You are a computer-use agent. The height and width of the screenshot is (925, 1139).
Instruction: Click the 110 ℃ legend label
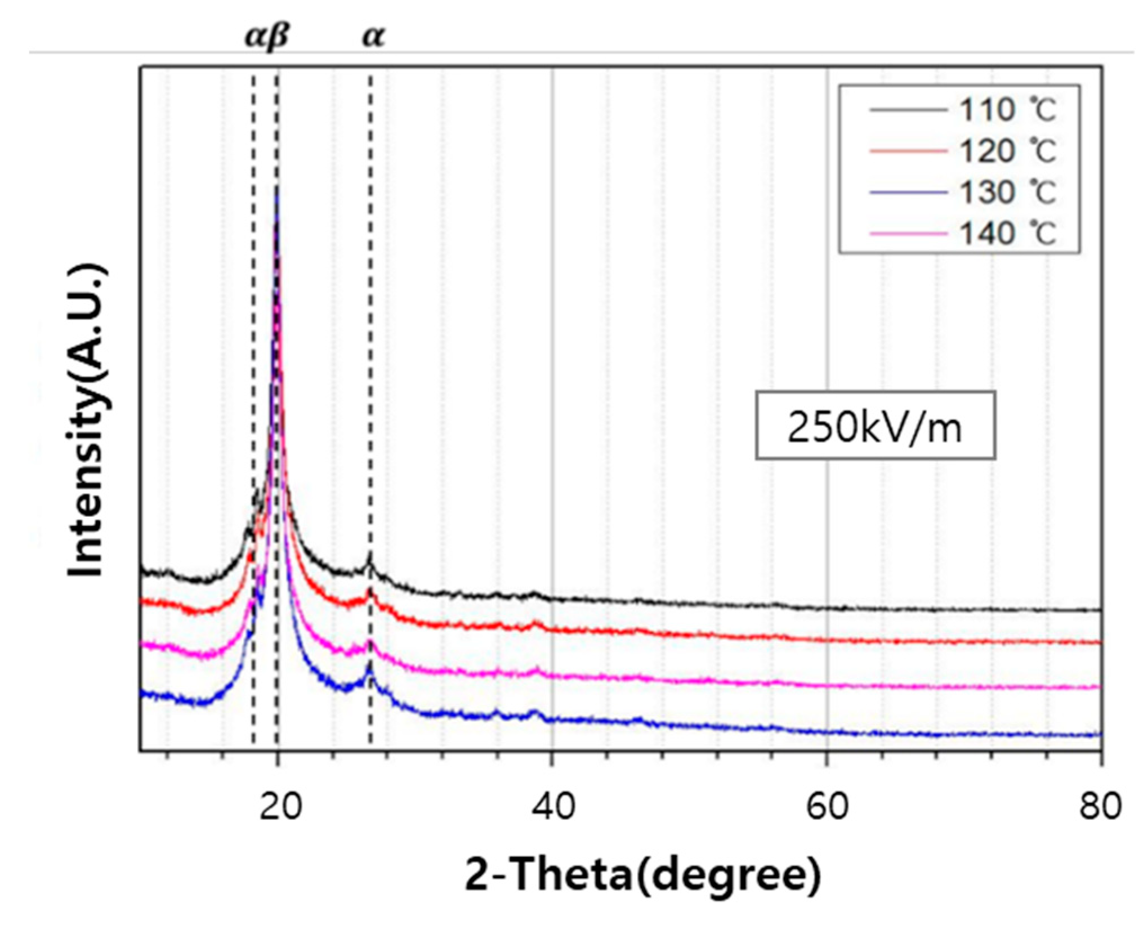(x=1007, y=111)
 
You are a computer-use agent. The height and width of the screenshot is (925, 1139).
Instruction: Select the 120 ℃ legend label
(x=1007, y=151)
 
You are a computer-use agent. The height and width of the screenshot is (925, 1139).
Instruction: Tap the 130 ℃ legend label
(x=1007, y=193)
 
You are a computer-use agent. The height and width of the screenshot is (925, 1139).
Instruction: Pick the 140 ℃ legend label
(x=1007, y=233)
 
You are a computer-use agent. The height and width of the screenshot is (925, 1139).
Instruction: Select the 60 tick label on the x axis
(x=826, y=806)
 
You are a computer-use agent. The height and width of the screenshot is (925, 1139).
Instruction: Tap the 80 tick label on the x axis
(x=1100, y=806)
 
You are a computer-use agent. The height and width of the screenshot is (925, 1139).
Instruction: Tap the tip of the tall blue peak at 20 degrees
(x=276, y=191)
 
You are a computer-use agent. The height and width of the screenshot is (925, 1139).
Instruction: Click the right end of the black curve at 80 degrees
(x=1098, y=610)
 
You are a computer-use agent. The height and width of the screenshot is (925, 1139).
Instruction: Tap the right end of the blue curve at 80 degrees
(x=1098, y=734)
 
